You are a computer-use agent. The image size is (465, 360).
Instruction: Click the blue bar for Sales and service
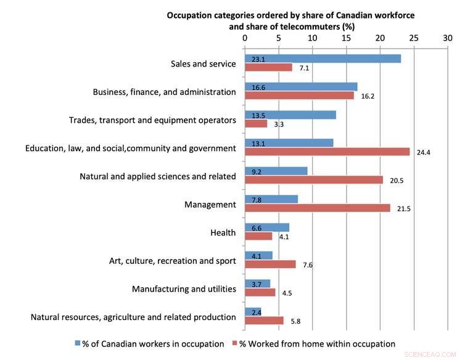(x=323, y=59)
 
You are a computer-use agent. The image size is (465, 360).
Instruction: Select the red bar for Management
(x=318, y=208)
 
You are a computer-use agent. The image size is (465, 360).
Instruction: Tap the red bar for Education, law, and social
(x=327, y=152)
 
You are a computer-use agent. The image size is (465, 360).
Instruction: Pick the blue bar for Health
(x=267, y=227)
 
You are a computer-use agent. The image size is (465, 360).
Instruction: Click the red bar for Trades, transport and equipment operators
(x=256, y=124)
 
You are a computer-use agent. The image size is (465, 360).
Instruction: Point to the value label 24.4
(x=424, y=152)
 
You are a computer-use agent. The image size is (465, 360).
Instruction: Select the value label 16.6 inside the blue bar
(x=258, y=88)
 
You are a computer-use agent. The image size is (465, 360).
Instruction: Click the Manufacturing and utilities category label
(x=184, y=288)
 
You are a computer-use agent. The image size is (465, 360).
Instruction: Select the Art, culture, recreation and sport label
(x=168, y=261)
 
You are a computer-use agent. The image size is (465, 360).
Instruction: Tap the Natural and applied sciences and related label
(x=158, y=176)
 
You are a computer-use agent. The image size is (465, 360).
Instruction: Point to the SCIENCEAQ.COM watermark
(x=429, y=355)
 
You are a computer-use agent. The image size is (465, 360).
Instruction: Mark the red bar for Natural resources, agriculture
(x=264, y=321)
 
